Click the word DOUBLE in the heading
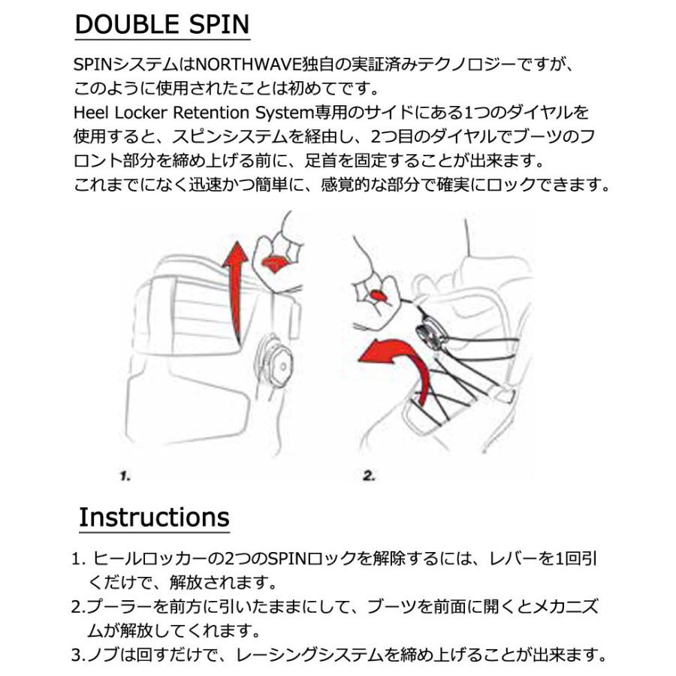(x=125, y=24)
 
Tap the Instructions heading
(x=154, y=518)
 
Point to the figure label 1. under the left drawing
(x=125, y=475)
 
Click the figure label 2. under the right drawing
(x=369, y=475)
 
